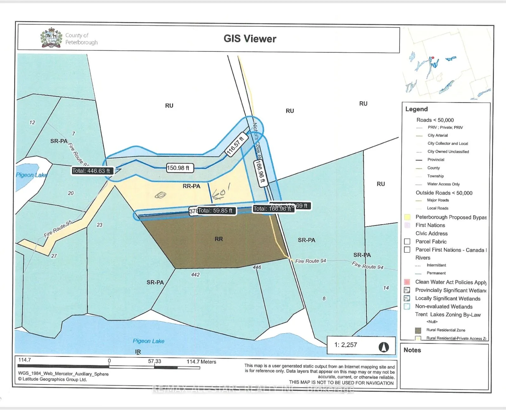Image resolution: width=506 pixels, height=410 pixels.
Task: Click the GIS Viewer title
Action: point(250,39)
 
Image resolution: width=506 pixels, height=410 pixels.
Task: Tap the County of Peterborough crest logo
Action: point(51,38)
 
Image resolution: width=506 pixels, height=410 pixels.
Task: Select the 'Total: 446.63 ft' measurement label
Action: point(91,171)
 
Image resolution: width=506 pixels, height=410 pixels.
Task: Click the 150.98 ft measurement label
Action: point(178,168)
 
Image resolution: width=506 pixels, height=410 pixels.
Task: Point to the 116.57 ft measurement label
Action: point(235,146)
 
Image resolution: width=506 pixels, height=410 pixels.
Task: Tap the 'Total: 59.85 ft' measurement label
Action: point(215,210)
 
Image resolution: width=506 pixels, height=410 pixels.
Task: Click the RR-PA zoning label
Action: point(191,186)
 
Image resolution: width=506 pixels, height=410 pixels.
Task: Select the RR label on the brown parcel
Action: point(219,239)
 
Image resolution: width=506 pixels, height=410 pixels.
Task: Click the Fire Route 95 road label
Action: point(58,229)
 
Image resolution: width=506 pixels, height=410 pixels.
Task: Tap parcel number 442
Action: point(195,275)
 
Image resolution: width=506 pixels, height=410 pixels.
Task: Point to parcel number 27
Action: point(54,256)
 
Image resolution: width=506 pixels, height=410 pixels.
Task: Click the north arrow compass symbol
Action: point(384,347)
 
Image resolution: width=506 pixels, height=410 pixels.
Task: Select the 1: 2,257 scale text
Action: point(346,345)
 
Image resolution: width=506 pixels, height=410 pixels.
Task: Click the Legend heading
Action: point(416,109)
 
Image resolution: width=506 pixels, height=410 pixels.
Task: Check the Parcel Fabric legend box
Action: point(407,242)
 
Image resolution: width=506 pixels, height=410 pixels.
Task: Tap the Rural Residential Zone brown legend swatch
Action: point(418,330)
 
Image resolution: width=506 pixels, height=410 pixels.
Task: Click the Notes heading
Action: point(412,350)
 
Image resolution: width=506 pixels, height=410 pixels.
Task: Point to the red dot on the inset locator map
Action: point(433,58)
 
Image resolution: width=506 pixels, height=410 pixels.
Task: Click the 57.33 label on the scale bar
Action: point(154,361)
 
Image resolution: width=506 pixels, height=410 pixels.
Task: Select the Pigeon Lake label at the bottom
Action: point(148,341)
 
